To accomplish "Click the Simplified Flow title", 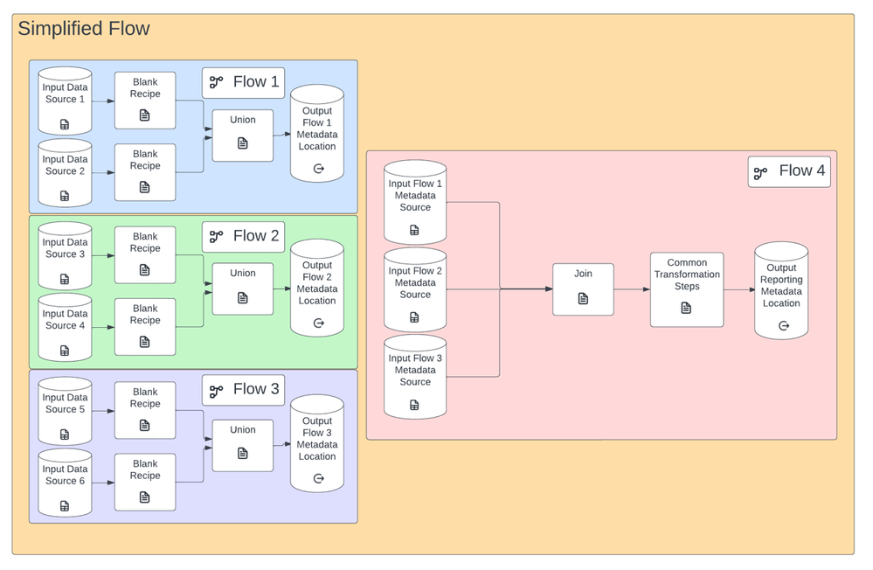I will tap(84, 29).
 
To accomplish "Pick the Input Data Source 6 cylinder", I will tap(65, 480).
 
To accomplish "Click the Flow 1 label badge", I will tap(244, 82).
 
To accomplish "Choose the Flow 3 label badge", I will tap(244, 389).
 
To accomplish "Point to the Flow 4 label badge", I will tap(789, 171).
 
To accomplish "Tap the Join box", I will tap(583, 288).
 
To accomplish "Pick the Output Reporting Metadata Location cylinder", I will tap(781, 290).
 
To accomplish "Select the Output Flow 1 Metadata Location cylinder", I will tap(317, 133).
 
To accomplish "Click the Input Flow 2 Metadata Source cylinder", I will tap(415, 289).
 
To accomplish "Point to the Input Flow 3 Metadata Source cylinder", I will tap(415, 376).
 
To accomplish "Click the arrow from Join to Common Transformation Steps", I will tap(632, 289).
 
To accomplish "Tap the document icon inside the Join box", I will tap(583, 299).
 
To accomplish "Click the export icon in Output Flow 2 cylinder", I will tap(318, 323).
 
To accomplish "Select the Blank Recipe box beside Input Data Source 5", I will tap(145, 410).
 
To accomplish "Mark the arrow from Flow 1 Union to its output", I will tap(281, 135).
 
